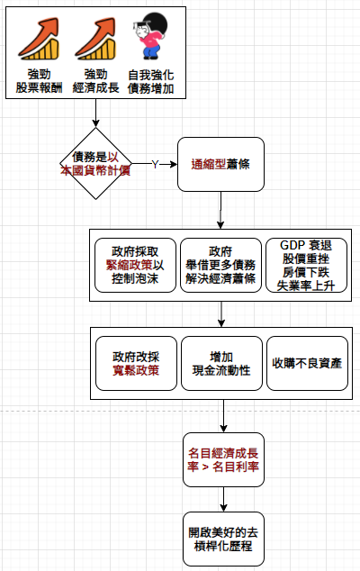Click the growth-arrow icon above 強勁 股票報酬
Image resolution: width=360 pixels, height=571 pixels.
(39, 39)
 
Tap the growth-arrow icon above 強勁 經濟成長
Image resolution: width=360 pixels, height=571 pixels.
(95, 39)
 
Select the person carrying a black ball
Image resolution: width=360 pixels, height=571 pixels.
(150, 36)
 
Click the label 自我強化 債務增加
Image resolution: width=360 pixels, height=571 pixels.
(150, 82)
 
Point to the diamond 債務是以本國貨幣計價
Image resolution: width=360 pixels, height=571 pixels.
(95, 164)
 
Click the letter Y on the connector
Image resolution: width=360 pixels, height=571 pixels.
(155, 165)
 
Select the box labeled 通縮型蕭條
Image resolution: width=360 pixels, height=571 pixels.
(220, 164)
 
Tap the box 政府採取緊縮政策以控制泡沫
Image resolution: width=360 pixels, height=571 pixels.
(135, 265)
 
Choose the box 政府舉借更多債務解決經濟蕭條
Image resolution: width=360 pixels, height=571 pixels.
(220, 265)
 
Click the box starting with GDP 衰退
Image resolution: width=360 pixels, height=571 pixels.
(306, 265)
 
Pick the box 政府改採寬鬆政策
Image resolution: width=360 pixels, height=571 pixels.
(136, 363)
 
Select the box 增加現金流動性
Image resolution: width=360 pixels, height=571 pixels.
(221, 363)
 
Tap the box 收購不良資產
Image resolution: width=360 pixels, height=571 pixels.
(307, 363)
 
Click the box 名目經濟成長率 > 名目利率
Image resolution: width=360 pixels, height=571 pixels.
(223, 459)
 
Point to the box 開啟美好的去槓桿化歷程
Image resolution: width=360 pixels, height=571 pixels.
(223, 539)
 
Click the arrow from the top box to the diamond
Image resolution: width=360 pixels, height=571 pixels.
(95, 113)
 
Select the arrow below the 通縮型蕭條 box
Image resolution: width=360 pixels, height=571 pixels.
(220, 210)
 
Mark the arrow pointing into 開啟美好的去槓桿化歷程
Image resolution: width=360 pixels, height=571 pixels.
(223, 499)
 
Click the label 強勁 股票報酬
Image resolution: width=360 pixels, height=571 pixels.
(39, 81)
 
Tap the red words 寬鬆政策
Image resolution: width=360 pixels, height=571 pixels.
(136, 370)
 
